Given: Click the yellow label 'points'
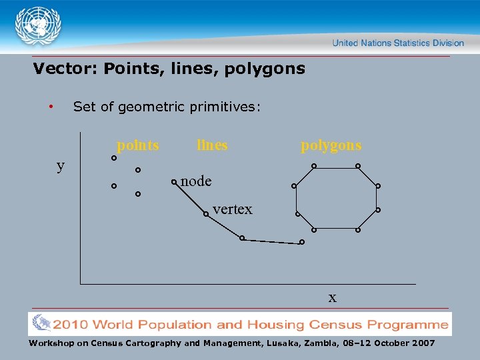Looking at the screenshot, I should point(138,145).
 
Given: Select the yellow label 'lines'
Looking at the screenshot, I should point(212,145).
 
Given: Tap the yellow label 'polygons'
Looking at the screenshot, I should point(331,145).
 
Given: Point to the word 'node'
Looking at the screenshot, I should point(196,181).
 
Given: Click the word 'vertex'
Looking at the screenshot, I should point(233,209).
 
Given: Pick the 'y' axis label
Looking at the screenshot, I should point(61,166).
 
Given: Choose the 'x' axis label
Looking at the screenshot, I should point(332,297).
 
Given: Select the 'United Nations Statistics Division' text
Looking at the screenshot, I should point(398,43).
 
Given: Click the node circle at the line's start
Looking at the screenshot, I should point(174,181).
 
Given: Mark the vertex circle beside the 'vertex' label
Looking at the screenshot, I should point(207,214).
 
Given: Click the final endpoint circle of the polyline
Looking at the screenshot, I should point(301,242).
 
